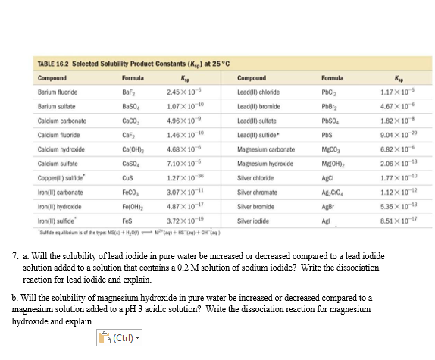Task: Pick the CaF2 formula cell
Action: [130, 131]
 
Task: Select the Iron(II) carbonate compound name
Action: [60, 184]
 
